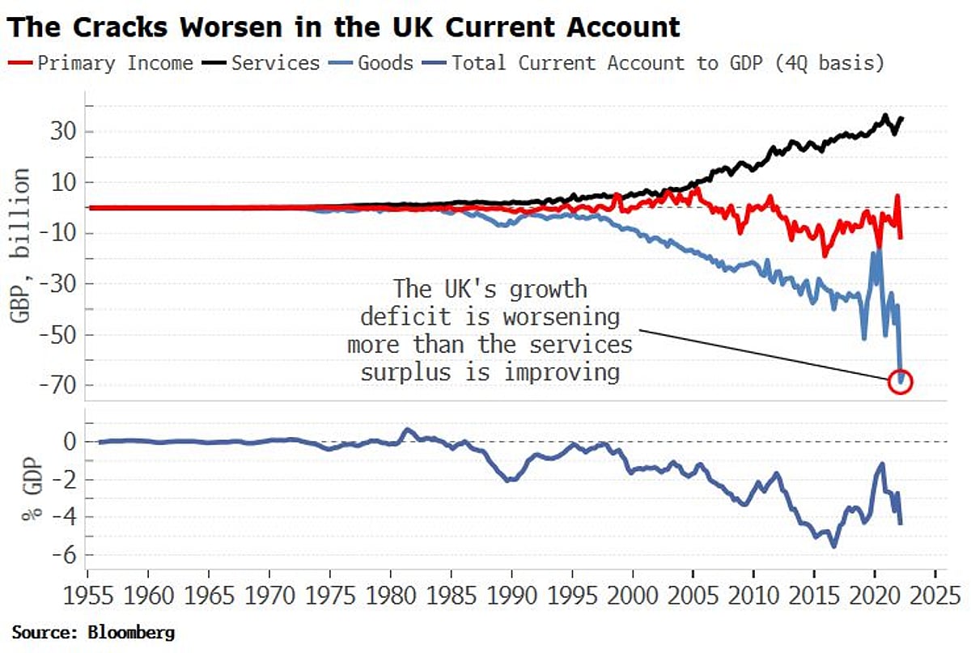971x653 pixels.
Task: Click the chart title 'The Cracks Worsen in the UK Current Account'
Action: (345, 28)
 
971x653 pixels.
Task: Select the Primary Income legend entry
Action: (114, 63)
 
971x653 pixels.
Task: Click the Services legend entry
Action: (275, 63)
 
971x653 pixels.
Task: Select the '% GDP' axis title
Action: (30, 496)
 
